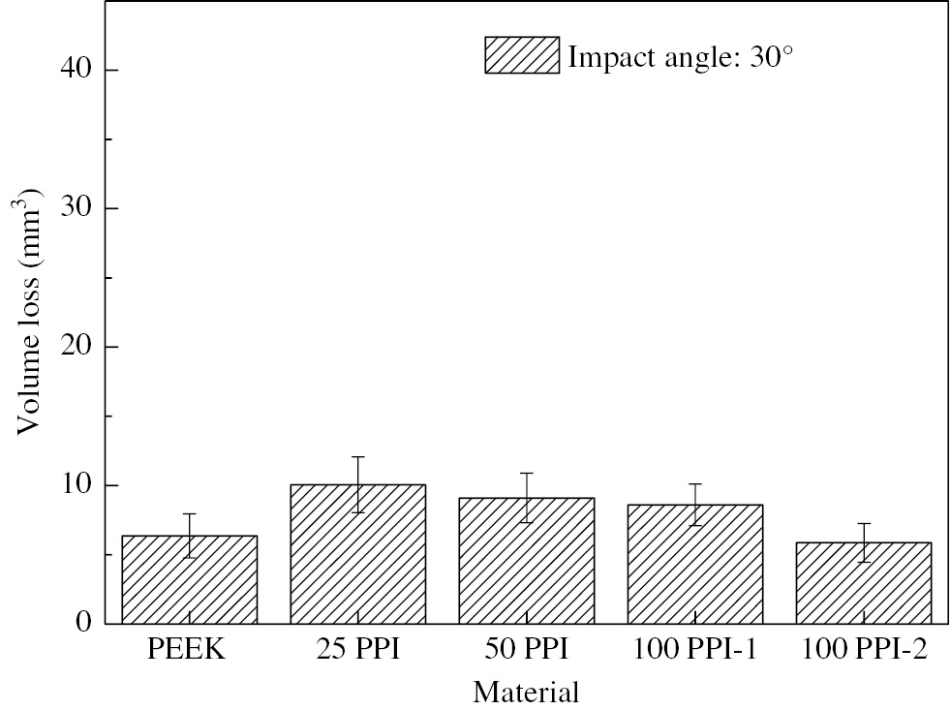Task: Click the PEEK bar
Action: (x=189, y=579)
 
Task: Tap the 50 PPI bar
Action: (x=527, y=561)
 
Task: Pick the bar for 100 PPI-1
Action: (x=695, y=564)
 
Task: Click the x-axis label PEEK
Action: (x=187, y=650)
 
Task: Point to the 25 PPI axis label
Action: (x=357, y=650)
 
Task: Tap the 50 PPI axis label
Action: (x=526, y=650)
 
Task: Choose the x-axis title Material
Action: (x=526, y=692)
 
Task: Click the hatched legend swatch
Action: (x=522, y=55)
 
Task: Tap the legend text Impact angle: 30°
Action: (x=681, y=56)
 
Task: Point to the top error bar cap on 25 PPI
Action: (x=358, y=456)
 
